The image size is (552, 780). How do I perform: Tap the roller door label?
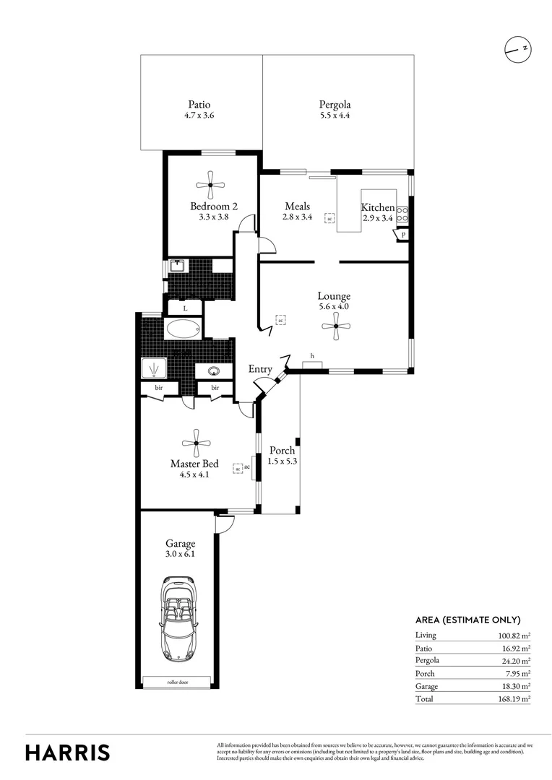[177, 681]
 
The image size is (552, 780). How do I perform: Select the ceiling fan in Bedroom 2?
[210, 185]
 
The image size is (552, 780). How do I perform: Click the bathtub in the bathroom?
[183, 330]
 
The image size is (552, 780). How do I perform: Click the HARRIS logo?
[68, 752]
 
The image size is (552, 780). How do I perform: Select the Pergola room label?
[335, 104]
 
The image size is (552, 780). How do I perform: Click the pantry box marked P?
[401, 235]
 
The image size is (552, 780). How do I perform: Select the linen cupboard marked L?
[185, 308]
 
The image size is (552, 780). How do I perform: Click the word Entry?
[260, 369]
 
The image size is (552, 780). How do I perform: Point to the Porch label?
[281, 451]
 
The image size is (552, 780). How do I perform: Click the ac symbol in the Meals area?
[329, 217]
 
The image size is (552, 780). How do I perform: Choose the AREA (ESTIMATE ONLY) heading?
[467, 620]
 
